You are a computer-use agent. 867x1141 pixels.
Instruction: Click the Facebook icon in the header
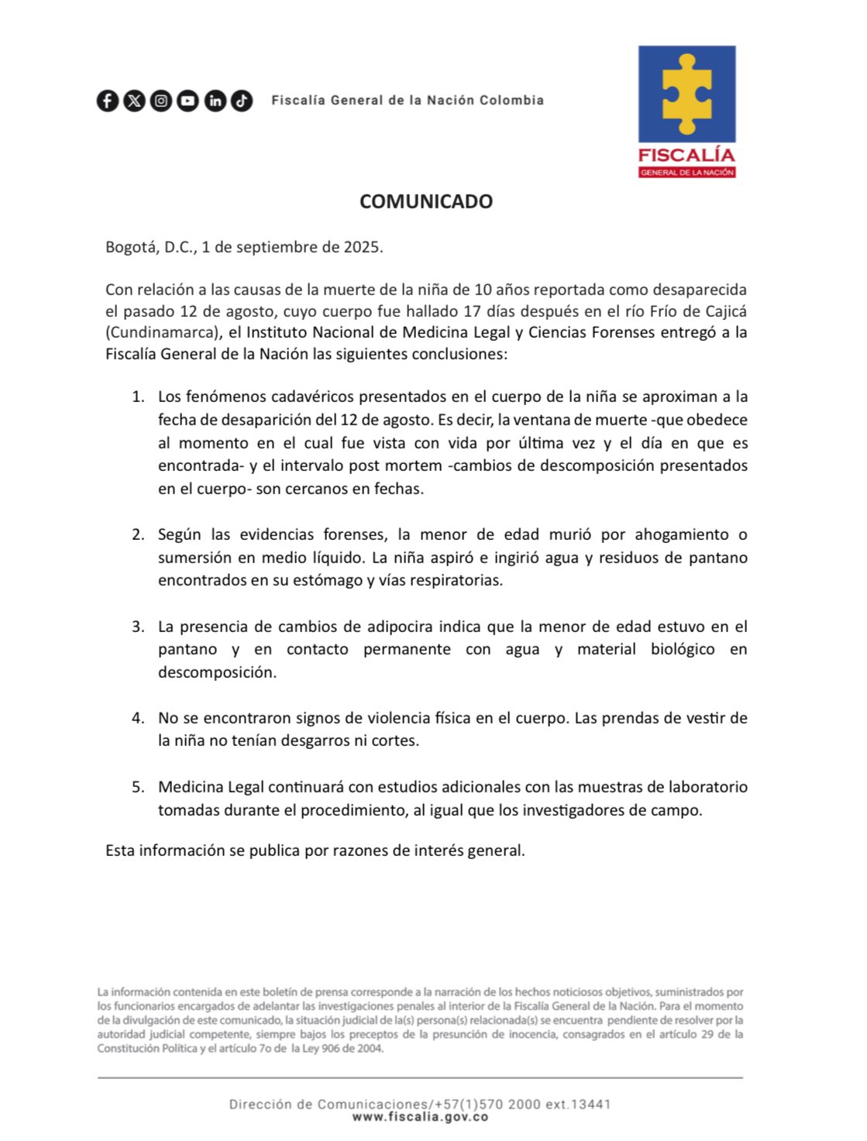[108, 101]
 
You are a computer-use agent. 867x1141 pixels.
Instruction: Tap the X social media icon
[135, 101]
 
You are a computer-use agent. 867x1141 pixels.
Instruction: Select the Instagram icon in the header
[161, 101]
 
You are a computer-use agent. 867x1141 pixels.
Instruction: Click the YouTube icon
[188, 101]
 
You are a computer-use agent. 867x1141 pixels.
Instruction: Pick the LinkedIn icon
[215, 101]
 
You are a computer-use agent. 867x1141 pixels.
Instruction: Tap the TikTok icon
[242, 101]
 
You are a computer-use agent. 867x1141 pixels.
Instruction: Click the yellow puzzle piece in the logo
[686, 94]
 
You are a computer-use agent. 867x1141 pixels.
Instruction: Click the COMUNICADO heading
[426, 201]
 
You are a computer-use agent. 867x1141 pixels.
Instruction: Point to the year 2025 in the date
[362, 247]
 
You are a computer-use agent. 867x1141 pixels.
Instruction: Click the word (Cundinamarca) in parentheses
[160, 333]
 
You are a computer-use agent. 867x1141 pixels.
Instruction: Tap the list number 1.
[137, 397]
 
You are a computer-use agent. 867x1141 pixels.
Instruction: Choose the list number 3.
[137, 627]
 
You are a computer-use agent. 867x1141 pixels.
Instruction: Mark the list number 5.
[137, 787]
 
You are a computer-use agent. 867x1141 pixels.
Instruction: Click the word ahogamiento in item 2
[682, 534]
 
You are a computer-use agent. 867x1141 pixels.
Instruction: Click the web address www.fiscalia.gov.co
[420, 1117]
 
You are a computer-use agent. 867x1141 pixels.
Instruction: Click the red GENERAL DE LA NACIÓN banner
[686, 173]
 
